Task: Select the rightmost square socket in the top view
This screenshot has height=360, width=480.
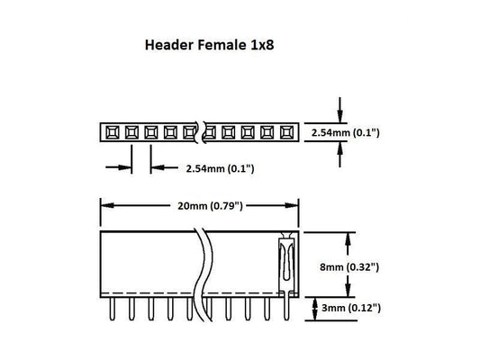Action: [287, 132]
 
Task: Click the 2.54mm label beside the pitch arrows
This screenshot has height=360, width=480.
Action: [221, 167]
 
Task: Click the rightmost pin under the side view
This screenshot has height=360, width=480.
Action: [285, 310]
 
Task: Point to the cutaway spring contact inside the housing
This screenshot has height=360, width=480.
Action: [285, 261]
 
